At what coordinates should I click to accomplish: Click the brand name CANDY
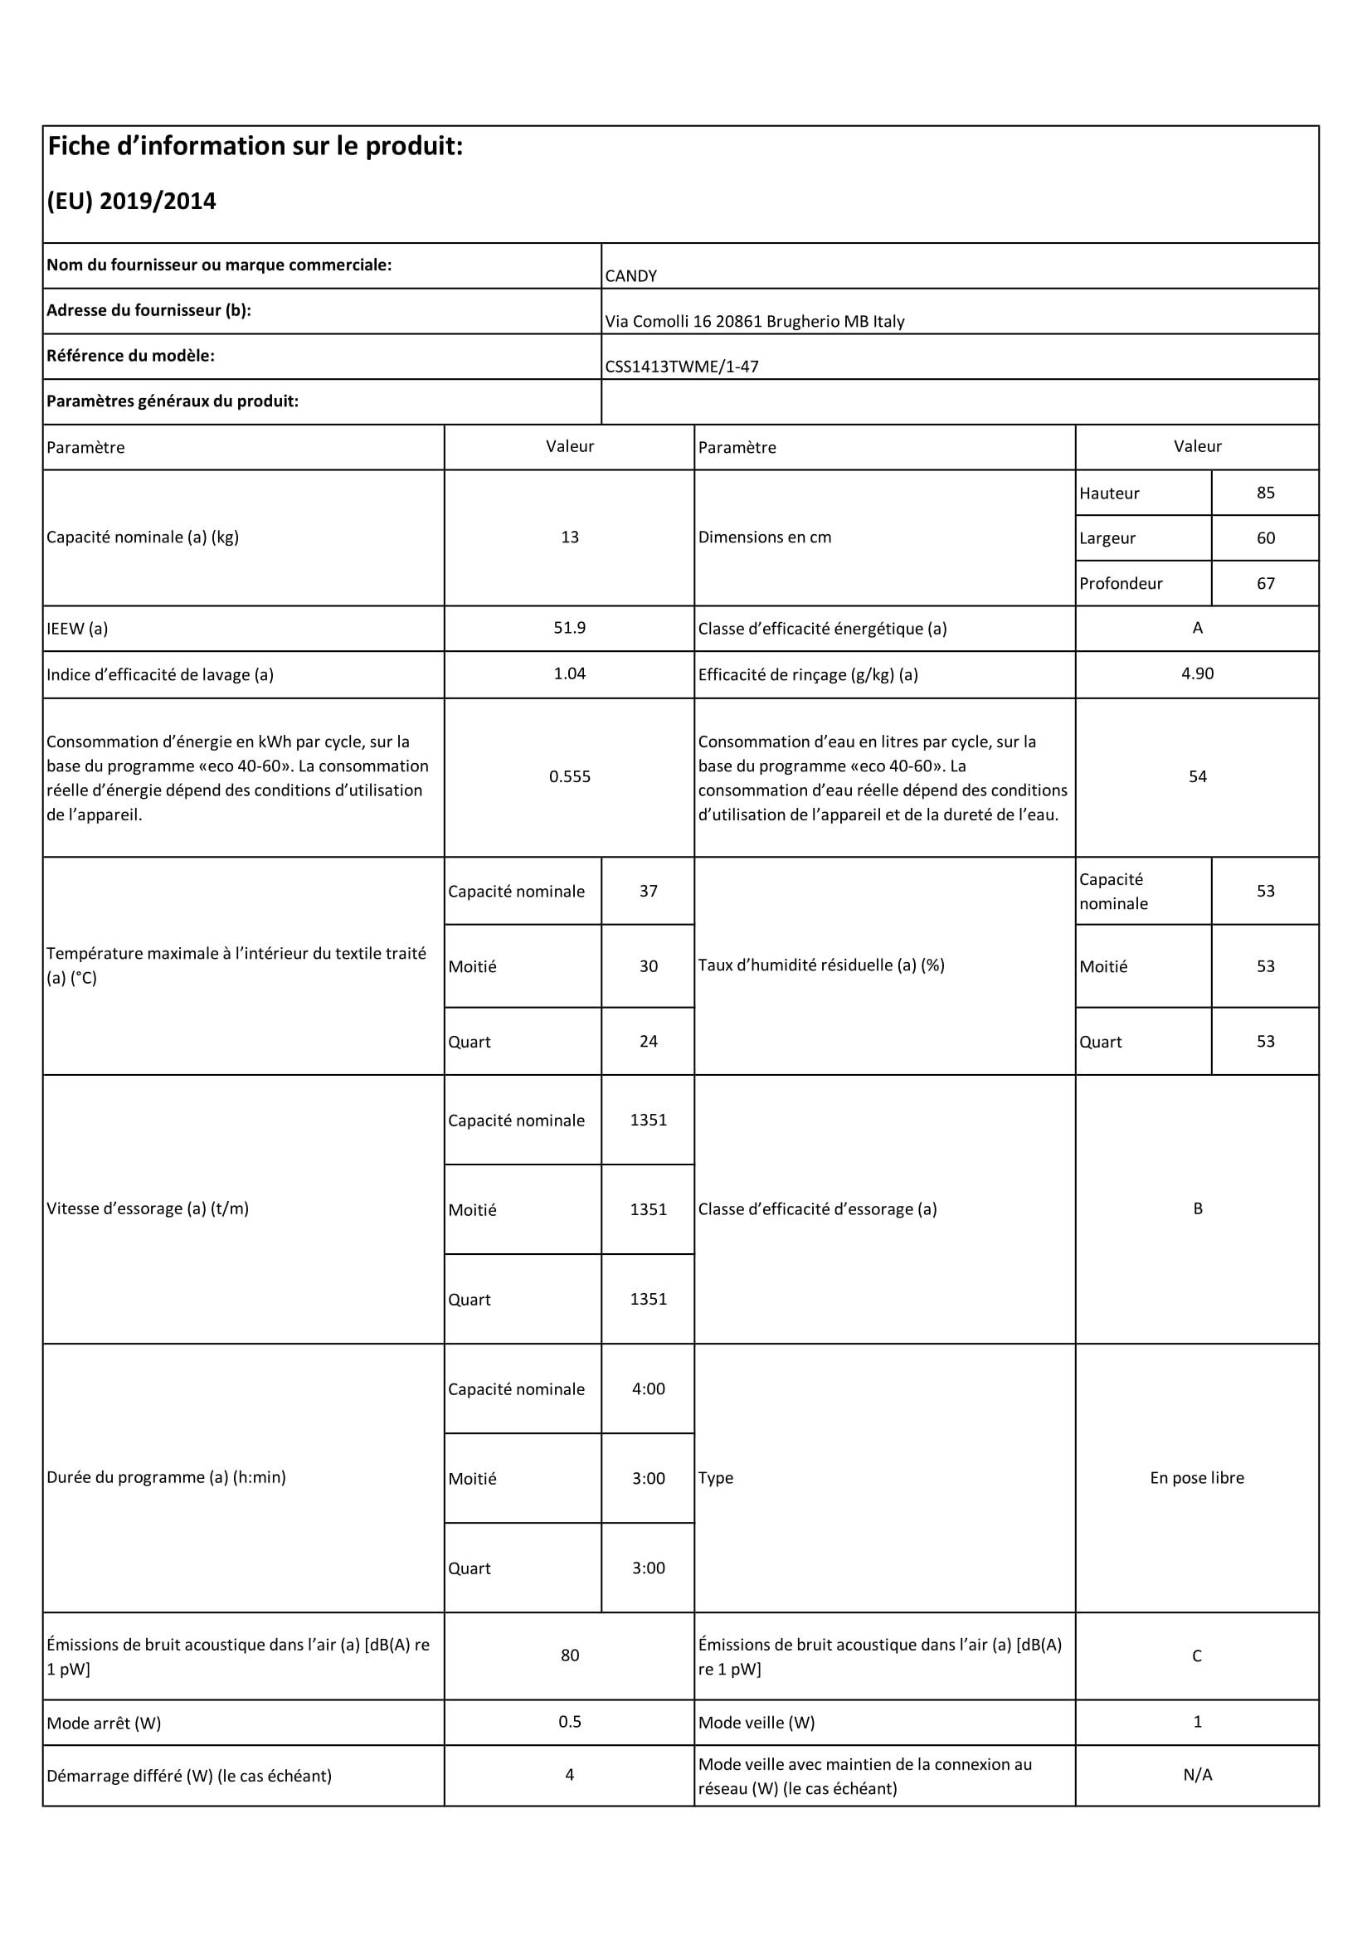[630, 275]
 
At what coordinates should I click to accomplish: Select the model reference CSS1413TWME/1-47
[682, 367]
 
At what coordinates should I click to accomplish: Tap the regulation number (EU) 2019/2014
[132, 201]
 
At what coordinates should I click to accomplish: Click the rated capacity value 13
[569, 537]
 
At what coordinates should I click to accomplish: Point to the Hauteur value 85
[1265, 493]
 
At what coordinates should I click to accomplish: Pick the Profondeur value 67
[1265, 583]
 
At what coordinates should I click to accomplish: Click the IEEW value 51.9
[569, 628]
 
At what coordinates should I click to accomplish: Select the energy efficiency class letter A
[1197, 628]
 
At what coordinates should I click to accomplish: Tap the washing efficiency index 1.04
[569, 673]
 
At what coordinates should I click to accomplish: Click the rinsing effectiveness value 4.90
[1197, 673]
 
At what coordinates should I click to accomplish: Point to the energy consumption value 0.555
[569, 776]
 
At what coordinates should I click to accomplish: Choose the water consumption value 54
[1197, 776]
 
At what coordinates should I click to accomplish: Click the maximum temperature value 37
[648, 891]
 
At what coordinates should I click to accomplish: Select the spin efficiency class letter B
[1197, 1208]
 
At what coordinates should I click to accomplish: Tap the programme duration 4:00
[648, 1388]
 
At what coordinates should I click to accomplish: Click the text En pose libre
[1196, 1478]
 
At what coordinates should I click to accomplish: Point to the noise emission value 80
[569, 1656]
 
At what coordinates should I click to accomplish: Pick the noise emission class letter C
[1196, 1656]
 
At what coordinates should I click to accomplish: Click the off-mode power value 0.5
[569, 1722]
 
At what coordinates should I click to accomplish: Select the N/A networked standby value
[1197, 1775]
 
